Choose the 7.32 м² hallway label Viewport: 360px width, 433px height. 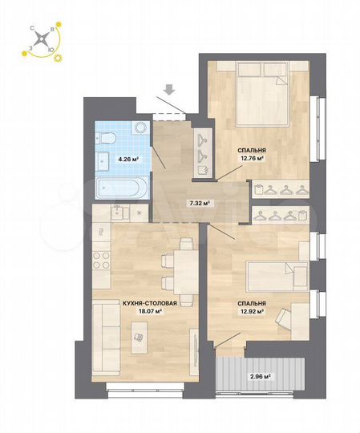(x=199, y=204)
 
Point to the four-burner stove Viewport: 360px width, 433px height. (x=102, y=260)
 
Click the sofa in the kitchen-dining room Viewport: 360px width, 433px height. (x=104, y=341)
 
